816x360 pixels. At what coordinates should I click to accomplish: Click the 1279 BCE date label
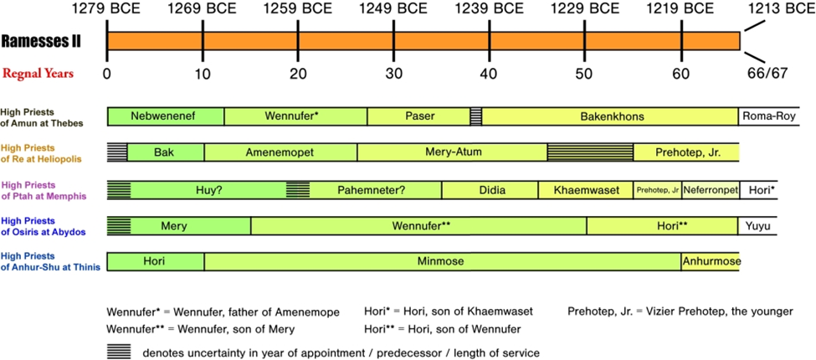[106, 11]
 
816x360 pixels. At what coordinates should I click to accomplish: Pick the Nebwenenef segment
[166, 116]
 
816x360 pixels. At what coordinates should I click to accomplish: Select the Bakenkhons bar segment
[610, 116]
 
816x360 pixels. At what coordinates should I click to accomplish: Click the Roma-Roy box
[764, 116]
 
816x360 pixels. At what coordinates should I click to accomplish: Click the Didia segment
[490, 190]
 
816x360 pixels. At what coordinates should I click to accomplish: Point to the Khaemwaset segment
[586, 190]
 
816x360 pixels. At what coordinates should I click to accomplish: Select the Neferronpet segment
[711, 190]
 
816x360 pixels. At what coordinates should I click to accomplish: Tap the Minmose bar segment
[441, 261]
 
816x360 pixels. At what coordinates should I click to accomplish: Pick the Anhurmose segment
[711, 261]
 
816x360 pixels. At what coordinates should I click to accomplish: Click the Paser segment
[418, 116]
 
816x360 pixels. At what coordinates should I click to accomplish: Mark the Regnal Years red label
[41, 73]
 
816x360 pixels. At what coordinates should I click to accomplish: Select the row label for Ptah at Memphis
[44, 191]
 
